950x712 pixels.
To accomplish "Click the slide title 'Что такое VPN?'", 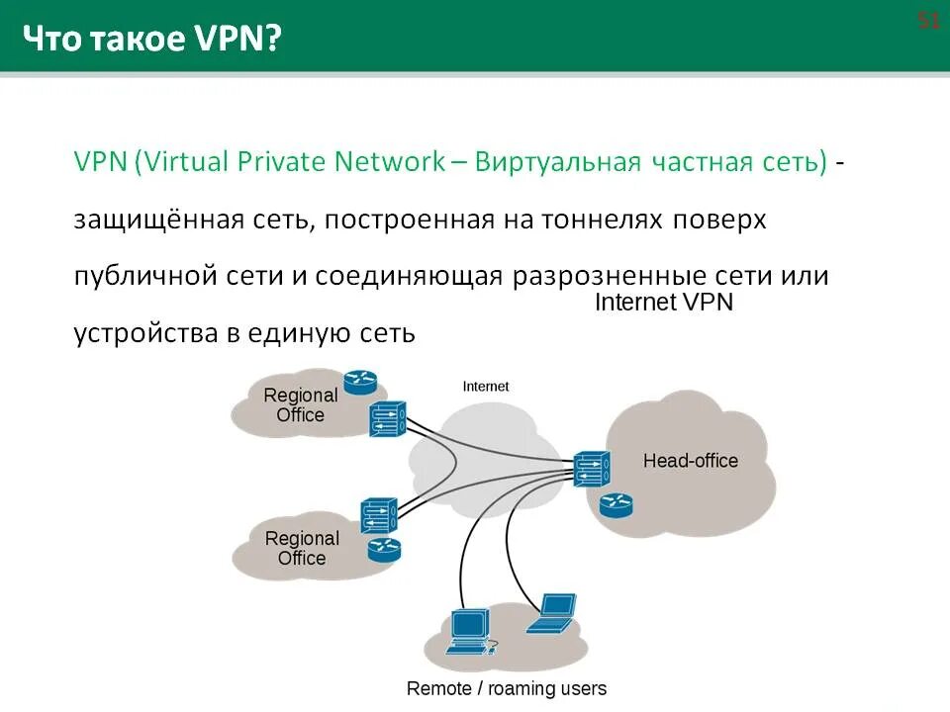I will pos(151,40).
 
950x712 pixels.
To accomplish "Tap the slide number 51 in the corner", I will pos(928,22).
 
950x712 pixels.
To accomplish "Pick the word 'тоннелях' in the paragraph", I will pos(598,220).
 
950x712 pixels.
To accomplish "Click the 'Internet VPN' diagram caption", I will pos(663,303).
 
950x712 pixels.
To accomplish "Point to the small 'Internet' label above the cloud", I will pos(486,387).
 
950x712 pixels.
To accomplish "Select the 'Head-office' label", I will pos(691,461).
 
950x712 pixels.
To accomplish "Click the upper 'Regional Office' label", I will pos(301,405).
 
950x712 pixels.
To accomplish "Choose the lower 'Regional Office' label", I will pos(302,548).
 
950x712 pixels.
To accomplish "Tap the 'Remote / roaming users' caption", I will pos(507,688).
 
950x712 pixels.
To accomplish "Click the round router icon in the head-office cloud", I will pos(616,506).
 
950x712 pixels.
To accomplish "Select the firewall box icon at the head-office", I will pos(591,469).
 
